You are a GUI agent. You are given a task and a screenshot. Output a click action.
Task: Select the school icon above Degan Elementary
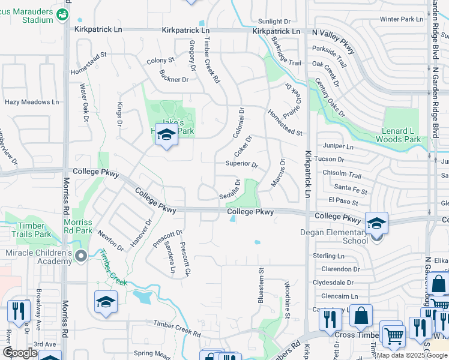pos(376,224)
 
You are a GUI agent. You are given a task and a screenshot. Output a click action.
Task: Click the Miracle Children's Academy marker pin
pos(82,256)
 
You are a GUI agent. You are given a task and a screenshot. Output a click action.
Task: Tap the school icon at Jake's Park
pos(166,135)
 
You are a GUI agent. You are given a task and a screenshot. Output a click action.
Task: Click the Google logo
pos(20,353)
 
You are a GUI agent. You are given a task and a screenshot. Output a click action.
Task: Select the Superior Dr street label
pos(241,164)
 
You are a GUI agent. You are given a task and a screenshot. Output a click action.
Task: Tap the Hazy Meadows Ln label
pos(32,102)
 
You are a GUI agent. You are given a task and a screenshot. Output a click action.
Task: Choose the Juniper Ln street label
pos(339,146)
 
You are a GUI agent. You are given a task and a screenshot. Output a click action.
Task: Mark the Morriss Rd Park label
pos(78,226)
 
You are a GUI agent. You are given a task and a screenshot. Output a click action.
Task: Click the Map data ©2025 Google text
pos(412,355)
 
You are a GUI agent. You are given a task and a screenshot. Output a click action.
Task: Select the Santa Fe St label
pos(351,190)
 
